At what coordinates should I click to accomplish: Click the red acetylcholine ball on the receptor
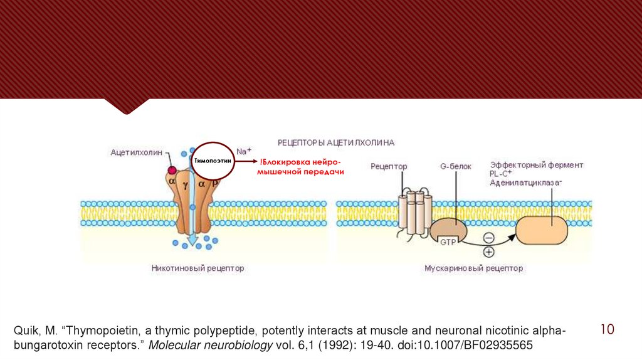pyautogui.click(x=171, y=170)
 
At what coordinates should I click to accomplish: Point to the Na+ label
pyautogui.click(x=244, y=152)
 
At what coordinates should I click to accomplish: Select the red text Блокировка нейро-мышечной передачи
pyautogui.click(x=301, y=166)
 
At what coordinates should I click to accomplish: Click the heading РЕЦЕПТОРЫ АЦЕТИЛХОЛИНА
pyautogui.click(x=336, y=142)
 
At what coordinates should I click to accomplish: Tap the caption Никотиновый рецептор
pyautogui.click(x=197, y=268)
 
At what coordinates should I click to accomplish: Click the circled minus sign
pyautogui.click(x=487, y=237)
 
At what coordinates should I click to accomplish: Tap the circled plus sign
pyautogui.click(x=487, y=252)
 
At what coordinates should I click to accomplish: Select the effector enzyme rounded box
pyautogui.click(x=541, y=230)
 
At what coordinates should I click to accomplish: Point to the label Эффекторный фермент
pyautogui.click(x=536, y=165)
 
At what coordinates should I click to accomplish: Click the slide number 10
pyautogui.click(x=606, y=329)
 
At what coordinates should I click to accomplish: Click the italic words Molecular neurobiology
pyautogui.click(x=209, y=346)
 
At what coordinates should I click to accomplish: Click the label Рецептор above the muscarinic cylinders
pyautogui.click(x=389, y=166)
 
